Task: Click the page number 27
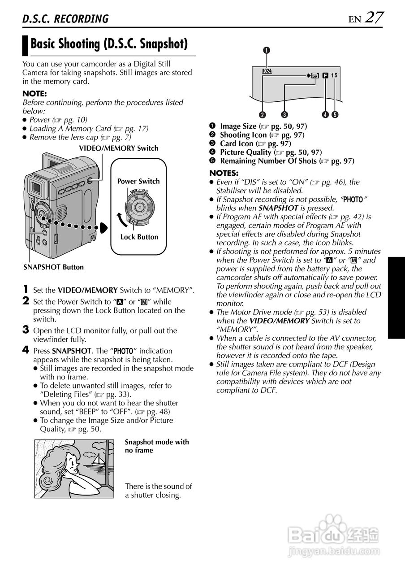click(374, 17)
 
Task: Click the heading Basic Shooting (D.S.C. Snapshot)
click(108, 44)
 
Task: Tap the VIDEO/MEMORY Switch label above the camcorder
click(118, 148)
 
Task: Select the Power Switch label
click(138, 181)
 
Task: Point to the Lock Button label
click(139, 237)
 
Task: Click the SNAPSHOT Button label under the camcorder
click(53, 267)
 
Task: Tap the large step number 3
click(26, 330)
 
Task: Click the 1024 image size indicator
click(267, 71)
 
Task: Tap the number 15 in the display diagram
click(334, 76)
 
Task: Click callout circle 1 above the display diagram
click(267, 50)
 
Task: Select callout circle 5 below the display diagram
click(335, 114)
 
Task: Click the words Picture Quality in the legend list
click(246, 152)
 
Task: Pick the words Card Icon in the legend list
click(237, 143)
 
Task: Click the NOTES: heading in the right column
click(224, 173)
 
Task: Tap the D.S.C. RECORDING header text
click(65, 19)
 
